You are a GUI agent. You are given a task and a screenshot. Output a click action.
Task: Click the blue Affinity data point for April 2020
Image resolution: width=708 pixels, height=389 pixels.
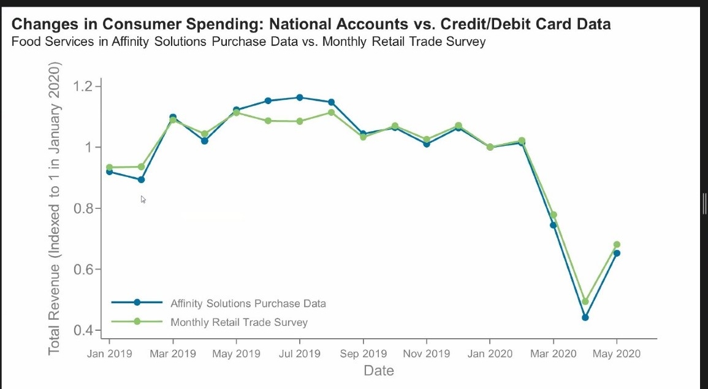(585, 317)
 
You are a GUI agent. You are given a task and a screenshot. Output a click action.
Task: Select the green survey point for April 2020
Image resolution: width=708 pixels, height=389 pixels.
(585, 301)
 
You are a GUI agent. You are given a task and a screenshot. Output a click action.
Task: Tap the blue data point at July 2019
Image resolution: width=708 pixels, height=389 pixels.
(300, 97)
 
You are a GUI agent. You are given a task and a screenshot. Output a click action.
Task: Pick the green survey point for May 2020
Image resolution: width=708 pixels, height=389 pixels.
(617, 244)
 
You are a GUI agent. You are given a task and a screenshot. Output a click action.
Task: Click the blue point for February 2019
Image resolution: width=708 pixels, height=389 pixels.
(141, 179)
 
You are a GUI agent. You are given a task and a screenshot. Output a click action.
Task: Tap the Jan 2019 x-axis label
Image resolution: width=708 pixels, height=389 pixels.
(110, 354)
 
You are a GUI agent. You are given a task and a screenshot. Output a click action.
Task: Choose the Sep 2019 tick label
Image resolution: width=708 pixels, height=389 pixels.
(364, 354)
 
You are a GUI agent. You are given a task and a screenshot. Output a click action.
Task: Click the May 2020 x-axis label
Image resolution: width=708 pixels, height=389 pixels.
(617, 354)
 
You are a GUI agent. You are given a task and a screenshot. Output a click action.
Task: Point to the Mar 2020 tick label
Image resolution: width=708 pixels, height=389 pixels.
(553, 354)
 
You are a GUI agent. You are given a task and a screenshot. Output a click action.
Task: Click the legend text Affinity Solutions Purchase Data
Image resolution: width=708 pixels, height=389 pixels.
(248, 303)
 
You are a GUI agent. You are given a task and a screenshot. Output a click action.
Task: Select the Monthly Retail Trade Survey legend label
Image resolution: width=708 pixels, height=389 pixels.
(239, 322)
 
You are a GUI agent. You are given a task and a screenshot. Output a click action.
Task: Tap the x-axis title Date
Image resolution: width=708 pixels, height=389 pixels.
(379, 371)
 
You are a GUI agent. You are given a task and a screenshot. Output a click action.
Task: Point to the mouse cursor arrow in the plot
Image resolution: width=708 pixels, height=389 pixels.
(143, 198)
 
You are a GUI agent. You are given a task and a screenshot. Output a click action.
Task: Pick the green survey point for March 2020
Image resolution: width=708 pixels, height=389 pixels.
(553, 215)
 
